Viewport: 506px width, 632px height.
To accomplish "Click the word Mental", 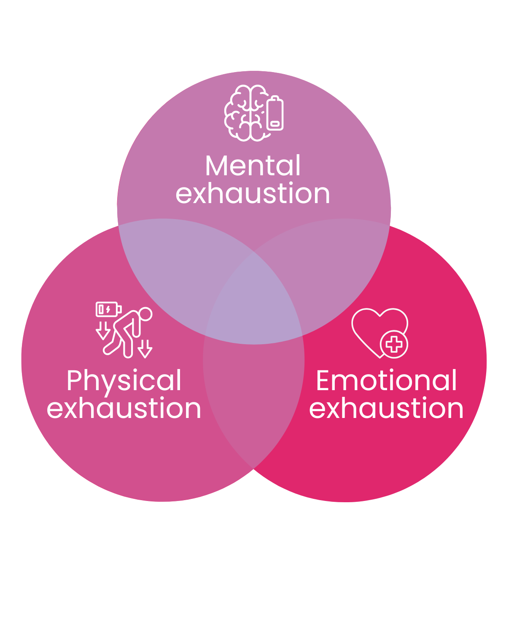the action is click(253, 165).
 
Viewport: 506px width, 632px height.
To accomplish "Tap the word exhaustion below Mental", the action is click(253, 193).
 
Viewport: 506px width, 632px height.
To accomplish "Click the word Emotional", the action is click(386, 380).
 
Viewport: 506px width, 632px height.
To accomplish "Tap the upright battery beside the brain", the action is click(275, 113).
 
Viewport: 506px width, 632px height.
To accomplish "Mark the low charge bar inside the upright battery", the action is click(275, 123).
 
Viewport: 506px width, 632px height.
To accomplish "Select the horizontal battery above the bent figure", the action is click(108, 309).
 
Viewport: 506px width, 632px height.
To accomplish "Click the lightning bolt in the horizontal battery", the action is click(108, 309).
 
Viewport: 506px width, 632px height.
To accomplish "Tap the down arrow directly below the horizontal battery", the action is click(103, 331).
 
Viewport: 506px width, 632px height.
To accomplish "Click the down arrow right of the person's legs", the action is click(145, 349).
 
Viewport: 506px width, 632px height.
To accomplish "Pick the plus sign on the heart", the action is click(394, 344).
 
